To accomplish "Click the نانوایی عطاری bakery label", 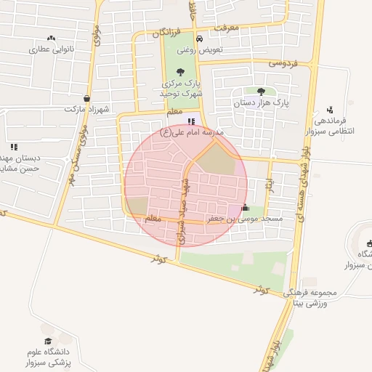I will pos(52,50).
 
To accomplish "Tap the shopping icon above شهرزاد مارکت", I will pos(87,98).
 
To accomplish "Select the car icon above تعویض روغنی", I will pos(200,39).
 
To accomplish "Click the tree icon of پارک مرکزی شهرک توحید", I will pos(180,71).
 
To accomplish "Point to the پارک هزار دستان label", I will pos(261,104).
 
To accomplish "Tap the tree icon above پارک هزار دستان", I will pos(261,92).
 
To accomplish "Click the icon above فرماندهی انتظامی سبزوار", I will pos(331,109).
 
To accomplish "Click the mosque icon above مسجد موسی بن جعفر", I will pos(244,207).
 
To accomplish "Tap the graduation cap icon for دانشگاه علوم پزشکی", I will pos(48,341).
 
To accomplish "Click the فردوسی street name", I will pos(283,63).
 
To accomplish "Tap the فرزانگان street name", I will pos(169,33).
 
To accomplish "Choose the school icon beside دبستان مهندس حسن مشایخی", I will pos(14,147).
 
